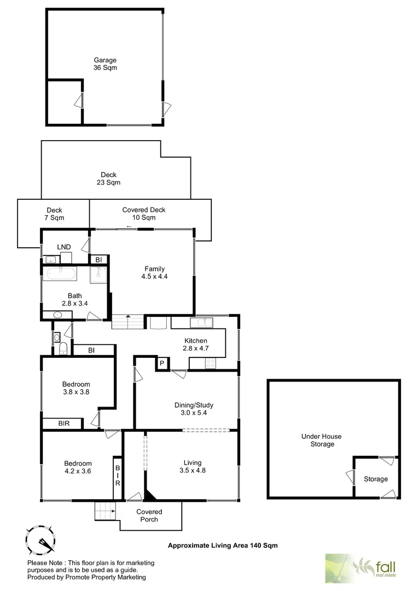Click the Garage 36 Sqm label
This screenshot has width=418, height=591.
(x=105, y=64)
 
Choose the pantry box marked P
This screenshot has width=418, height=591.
(x=162, y=363)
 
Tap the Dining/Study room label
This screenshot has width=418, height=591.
(x=194, y=409)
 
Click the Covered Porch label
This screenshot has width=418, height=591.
(x=149, y=515)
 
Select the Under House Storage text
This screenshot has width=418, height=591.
(x=321, y=440)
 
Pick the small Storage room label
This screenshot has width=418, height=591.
(x=376, y=479)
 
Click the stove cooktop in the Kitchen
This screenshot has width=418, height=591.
(x=210, y=362)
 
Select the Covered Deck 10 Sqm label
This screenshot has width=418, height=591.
(x=143, y=213)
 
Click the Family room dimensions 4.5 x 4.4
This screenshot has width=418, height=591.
(x=154, y=276)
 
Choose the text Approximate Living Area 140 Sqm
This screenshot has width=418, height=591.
(x=218, y=545)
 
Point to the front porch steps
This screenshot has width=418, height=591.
(x=105, y=511)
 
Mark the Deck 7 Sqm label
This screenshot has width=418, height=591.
(x=54, y=214)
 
